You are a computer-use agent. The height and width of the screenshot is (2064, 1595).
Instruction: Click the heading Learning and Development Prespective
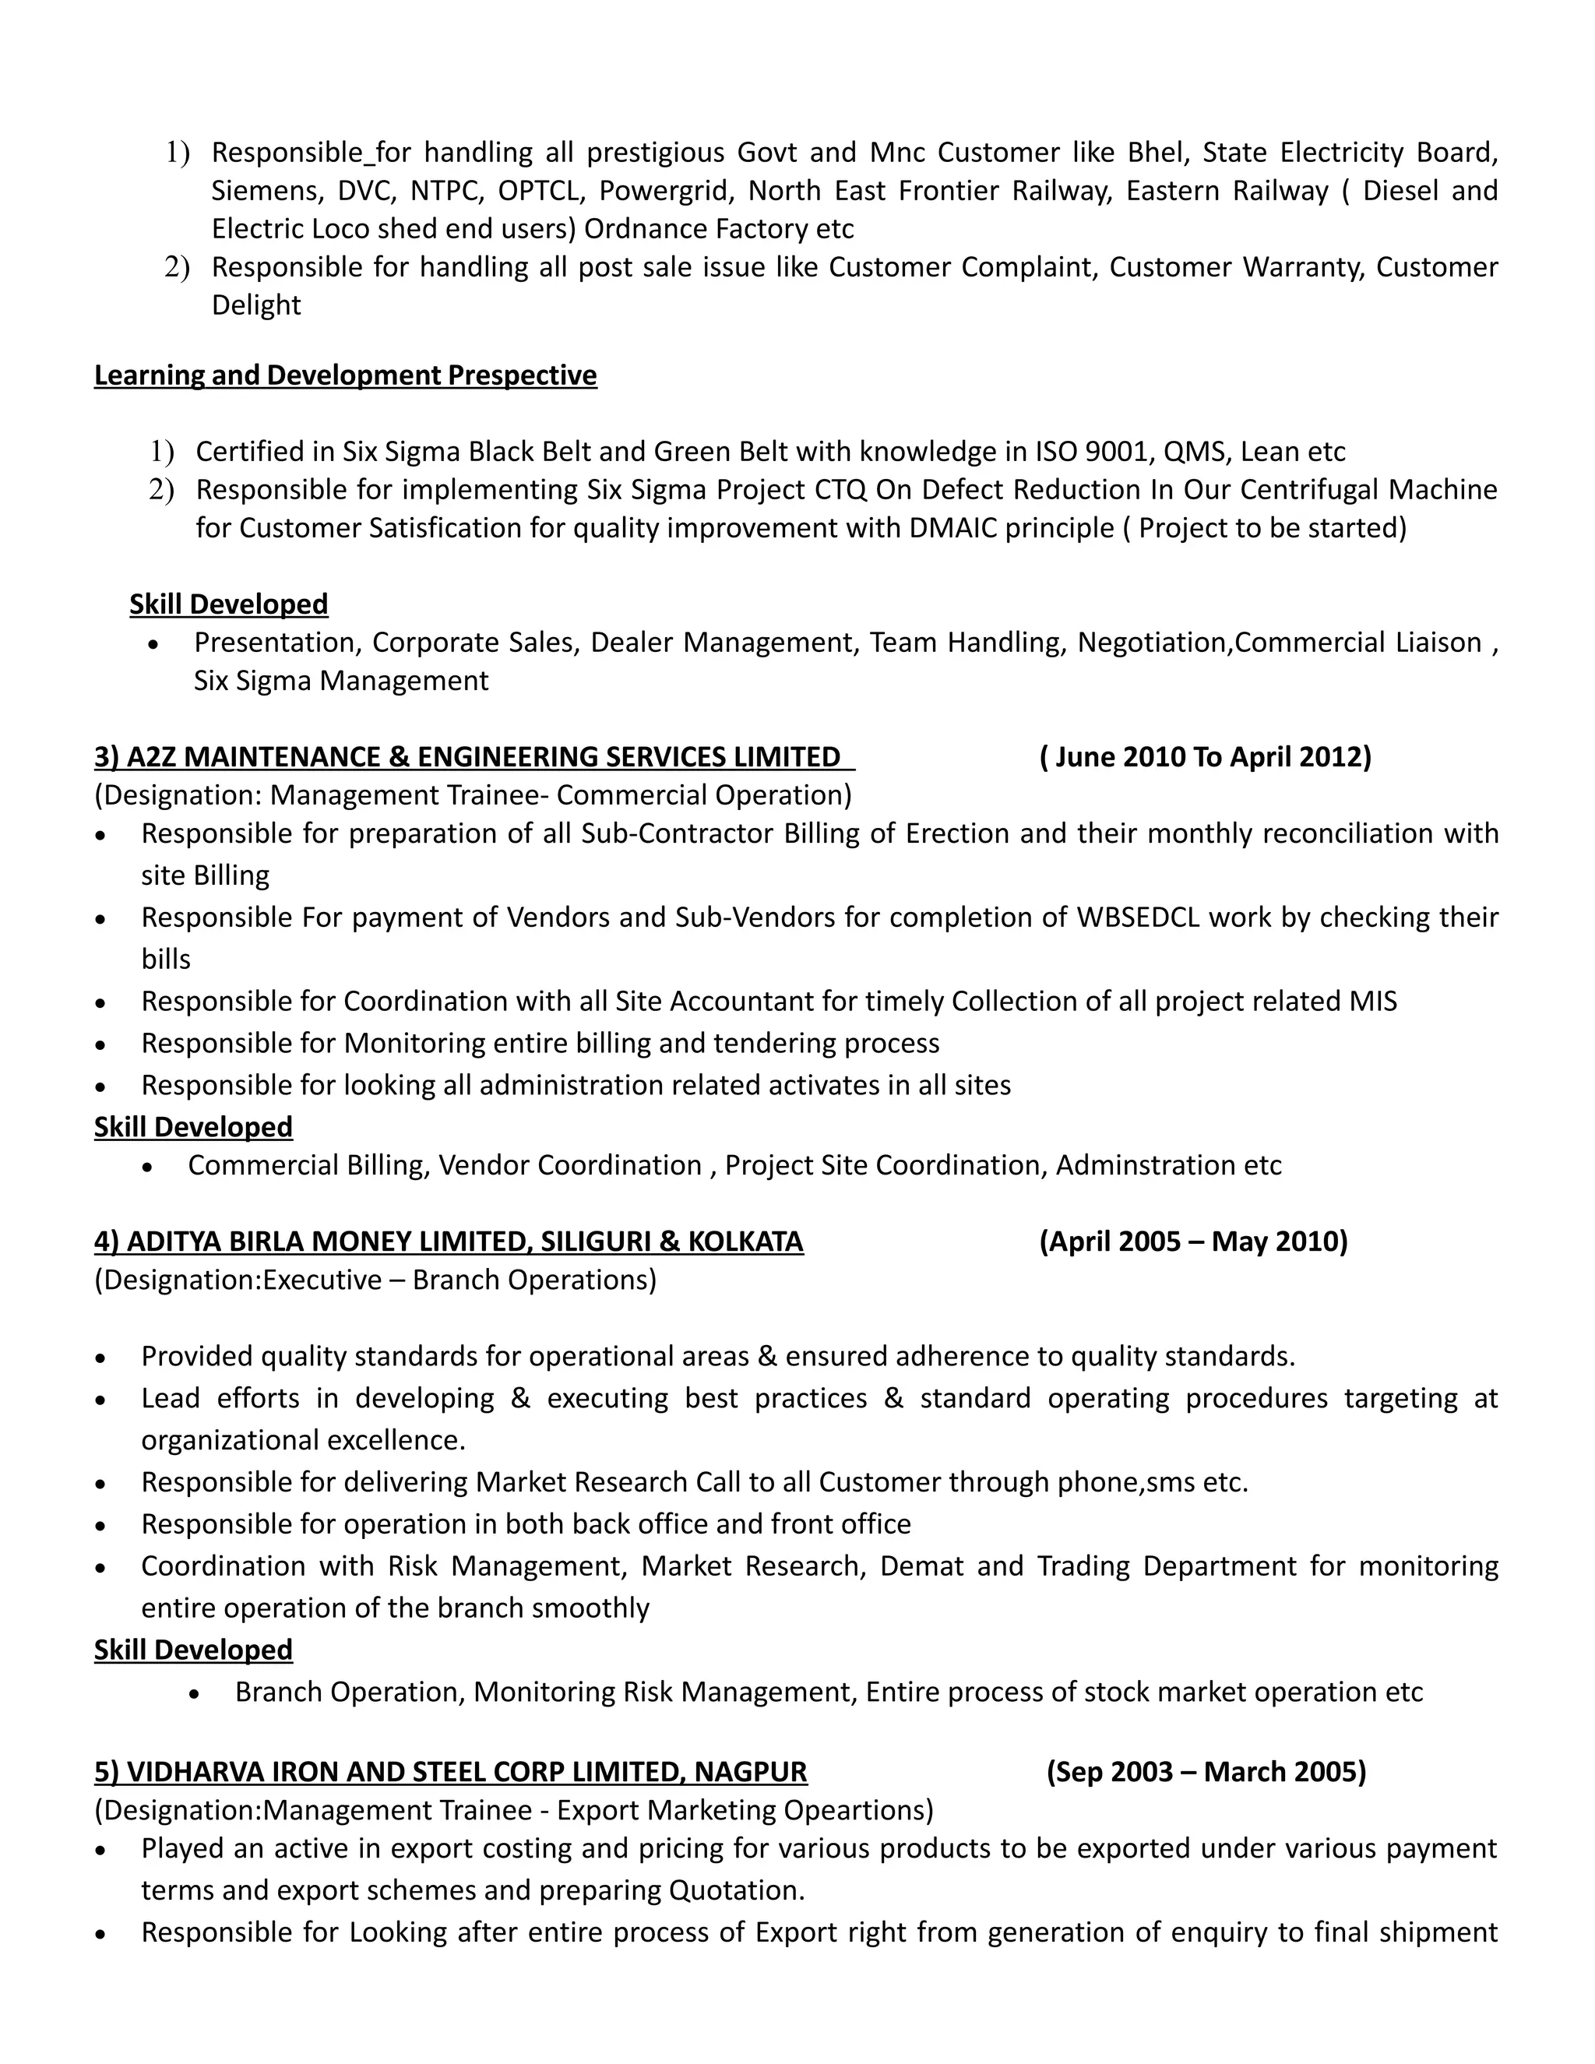tap(345, 375)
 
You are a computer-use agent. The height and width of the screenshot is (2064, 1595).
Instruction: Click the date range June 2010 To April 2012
tap(1205, 757)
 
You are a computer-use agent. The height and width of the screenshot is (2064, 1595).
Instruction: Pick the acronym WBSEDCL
tap(1138, 918)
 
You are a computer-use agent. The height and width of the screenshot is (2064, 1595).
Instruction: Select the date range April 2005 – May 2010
tap(1193, 1241)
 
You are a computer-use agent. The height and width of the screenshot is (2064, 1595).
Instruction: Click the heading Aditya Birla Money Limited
tap(448, 1241)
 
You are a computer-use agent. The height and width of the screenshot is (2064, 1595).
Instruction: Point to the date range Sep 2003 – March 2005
tap(1206, 1771)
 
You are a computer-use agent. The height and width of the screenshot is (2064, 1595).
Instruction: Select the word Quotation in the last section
tap(736, 1890)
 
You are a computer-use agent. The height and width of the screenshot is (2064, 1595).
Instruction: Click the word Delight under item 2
tap(256, 305)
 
